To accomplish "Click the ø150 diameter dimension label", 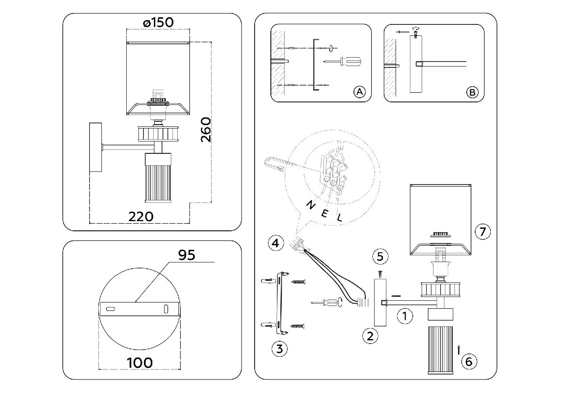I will [158, 22].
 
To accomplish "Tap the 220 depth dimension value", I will [141, 217].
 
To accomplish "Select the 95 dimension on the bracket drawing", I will [187, 255].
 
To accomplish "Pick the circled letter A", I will [359, 92].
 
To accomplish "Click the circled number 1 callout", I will [405, 315].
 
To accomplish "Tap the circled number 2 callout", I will [370, 336].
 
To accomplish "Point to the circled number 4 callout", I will [275, 243].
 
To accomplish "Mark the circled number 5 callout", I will [380, 256].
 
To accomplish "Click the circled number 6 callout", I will [469, 361].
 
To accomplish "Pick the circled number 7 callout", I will [483, 231].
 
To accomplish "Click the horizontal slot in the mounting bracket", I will [111, 309].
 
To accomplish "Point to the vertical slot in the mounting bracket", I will [166, 309].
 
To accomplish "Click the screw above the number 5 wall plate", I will [379, 274].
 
